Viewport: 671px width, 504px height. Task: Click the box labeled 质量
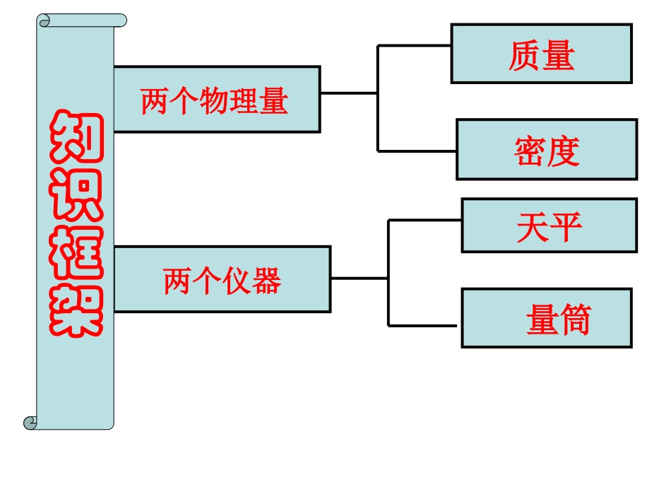pos(541,54)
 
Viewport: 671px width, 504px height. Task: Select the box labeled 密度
pos(547,149)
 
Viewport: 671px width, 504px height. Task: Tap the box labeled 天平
pos(549,225)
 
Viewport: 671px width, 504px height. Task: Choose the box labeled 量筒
pos(547,318)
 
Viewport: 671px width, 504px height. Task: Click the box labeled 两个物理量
pos(216,100)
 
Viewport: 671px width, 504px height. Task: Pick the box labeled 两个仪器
pos(222,279)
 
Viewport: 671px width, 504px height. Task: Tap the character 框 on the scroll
pos(76,254)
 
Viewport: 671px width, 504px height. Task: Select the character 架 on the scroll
pos(76,311)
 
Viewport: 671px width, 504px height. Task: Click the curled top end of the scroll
pos(81,20)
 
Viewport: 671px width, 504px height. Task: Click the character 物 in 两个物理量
pos(215,101)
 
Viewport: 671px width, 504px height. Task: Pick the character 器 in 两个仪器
pos(267,281)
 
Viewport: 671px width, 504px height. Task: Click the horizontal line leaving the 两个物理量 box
pos(348,93)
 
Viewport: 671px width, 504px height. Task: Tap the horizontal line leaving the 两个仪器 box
pos(359,278)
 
